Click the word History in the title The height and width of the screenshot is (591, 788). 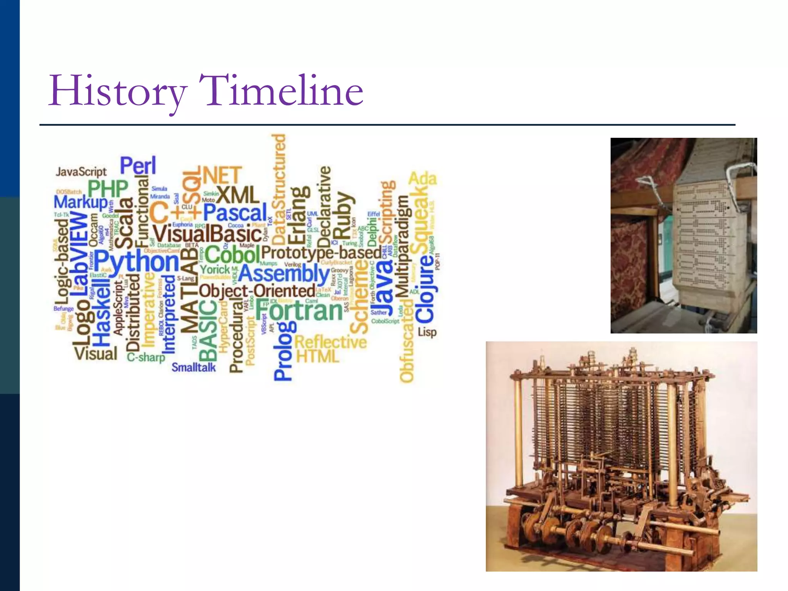[x=117, y=92]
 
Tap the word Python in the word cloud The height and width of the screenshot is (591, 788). [x=137, y=262]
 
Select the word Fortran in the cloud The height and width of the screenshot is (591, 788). [x=299, y=311]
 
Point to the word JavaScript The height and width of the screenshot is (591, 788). [x=81, y=172]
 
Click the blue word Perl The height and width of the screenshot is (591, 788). [x=138, y=165]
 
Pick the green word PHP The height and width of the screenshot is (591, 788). [x=108, y=189]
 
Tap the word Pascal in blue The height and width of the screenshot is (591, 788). [x=235, y=213]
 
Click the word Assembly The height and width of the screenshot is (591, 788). [x=284, y=274]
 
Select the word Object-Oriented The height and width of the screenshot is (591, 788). [x=257, y=291]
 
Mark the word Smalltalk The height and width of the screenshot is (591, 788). [x=194, y=367]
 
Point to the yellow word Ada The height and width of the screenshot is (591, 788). [x=422, y=179]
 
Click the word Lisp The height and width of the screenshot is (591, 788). [x=427, y=332]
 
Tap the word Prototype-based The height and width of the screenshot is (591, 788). [x=321, y=253]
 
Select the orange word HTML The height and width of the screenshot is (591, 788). [x=318, y=356]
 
